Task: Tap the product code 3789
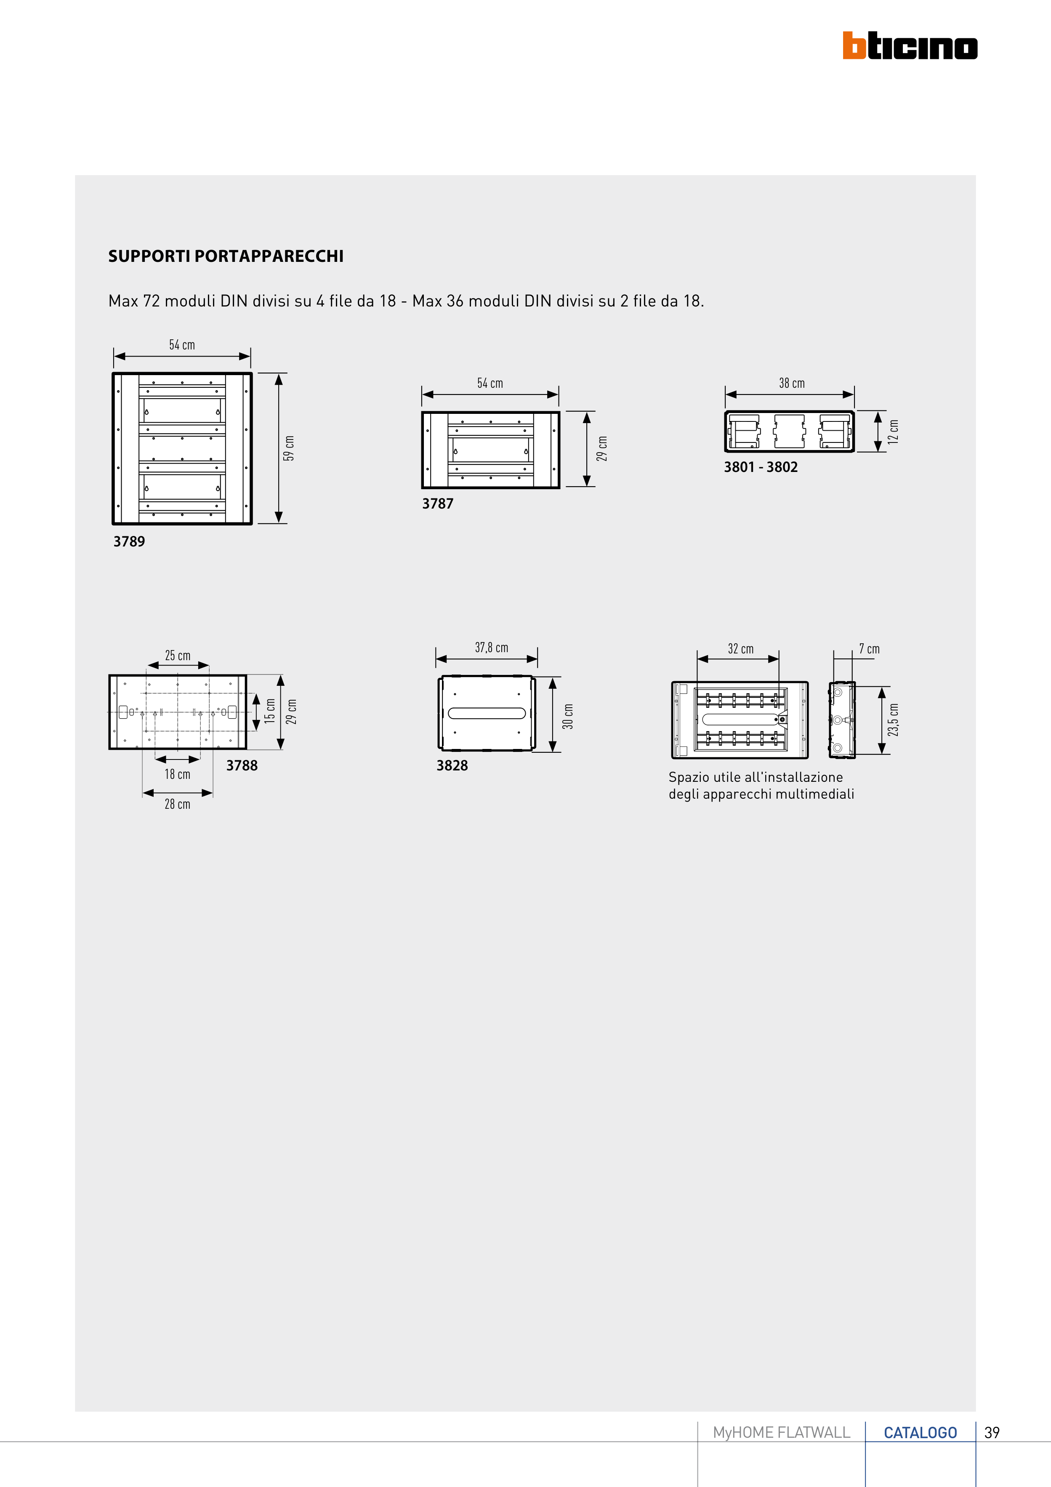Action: pos(129,541)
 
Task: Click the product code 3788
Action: pos(242,765)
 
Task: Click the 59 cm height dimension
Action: pos(289,448)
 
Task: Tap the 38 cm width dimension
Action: pos(791,384)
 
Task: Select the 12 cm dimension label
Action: pos(893,432)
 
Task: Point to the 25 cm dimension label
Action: pos(178,656)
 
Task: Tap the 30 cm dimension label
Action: pos(568,716)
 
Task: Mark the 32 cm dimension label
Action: pos(740,649)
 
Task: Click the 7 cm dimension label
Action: pos(869,649)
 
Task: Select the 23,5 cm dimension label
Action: pos(893,720)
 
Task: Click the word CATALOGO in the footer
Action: pos(920,1433)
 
